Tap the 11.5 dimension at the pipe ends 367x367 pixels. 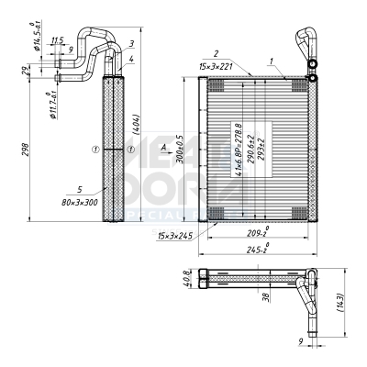coord(57,40)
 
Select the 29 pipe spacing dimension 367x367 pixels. coord(25,71)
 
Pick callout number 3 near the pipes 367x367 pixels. coord(132,43)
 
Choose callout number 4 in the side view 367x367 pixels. coord(132,59)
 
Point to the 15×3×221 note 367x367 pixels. coord(215,65)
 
